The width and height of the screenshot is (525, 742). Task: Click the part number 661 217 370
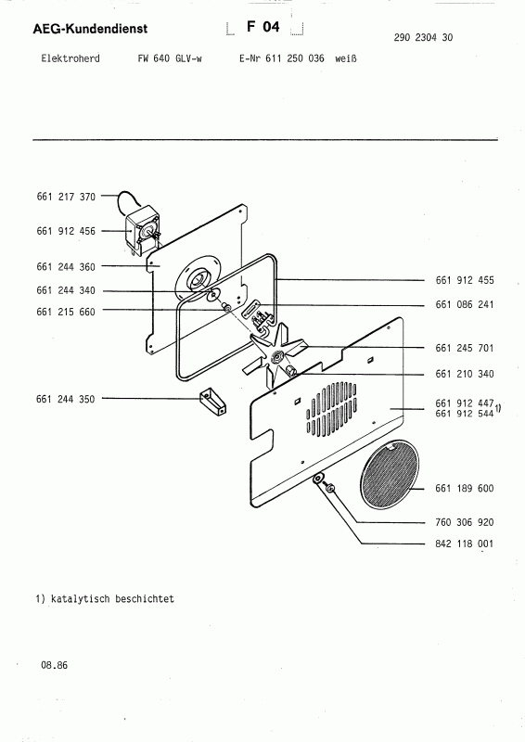(66, 197)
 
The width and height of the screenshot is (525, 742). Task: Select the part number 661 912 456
(66, 231)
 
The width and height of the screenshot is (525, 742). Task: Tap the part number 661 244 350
(65, 399)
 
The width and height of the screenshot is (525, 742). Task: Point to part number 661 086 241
(465, 305)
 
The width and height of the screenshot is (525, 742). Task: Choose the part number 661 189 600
(465, 489)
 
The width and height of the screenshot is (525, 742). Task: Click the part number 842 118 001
(465, 544)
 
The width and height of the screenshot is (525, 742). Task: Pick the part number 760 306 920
(465, 522)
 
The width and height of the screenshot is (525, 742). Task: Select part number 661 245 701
(465, 349)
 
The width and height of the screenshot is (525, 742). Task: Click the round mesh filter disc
(390, 474)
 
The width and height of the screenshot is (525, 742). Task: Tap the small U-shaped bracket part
(212, 403)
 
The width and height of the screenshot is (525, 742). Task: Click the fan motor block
(142, 228)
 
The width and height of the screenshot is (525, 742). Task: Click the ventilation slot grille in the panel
(331, 409)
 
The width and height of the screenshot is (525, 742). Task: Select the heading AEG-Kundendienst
(90, 29)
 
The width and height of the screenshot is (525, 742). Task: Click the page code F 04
(263, 27)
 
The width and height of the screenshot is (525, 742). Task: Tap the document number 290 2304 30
(423, 37)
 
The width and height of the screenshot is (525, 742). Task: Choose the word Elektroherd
(70, 58)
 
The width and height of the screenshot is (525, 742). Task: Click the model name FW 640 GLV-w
(170, 58)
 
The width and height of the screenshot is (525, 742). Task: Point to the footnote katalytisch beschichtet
(112, 598)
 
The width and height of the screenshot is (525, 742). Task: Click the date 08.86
(55, 665)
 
